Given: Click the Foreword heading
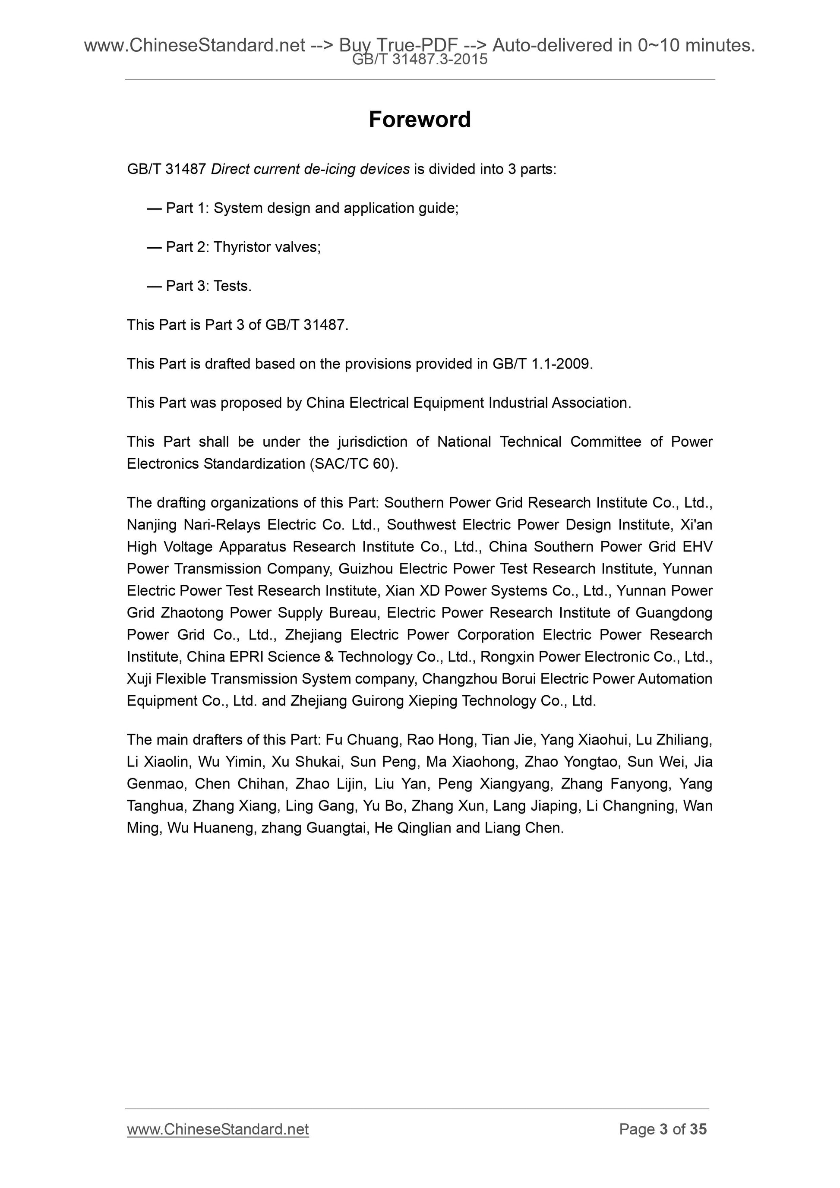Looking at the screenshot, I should pyautogui.click(x=419, y=120).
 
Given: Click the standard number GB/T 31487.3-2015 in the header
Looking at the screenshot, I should pyautogui.click(x=419, y=60).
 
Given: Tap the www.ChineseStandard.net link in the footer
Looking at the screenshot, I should pyautogui.click(x=218, y=1143).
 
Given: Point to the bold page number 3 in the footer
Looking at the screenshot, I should pyautogui.click(x=663, y=1143).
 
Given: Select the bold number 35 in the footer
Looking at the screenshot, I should pyautogui.click(x=698, y=1143).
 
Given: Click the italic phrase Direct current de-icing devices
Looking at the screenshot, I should pyautogui.click(x=310, y=169).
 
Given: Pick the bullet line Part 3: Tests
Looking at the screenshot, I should pyautogui.click(x=208, y=286).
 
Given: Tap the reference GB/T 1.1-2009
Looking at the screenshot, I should pyautogui.click(x=541, y=364).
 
